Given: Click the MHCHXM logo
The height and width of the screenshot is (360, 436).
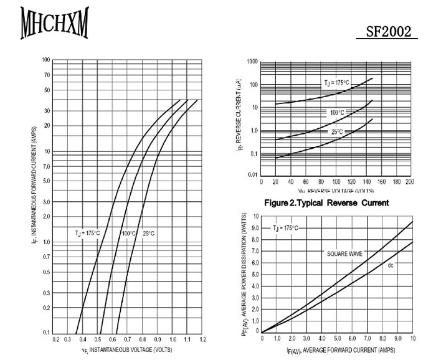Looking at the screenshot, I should coord(54,24).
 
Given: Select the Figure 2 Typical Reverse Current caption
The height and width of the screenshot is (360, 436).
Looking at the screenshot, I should coord(326,203).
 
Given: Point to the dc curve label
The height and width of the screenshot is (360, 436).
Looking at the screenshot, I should coord(391,266).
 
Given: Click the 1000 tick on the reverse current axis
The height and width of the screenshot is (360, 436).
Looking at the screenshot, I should coord(252,62).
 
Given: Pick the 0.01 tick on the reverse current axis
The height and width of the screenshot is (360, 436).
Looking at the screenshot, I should coord(252,175).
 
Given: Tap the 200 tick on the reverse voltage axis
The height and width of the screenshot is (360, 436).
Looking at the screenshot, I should coord(409,181).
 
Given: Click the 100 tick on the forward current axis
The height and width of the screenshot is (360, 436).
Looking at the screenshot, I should coord(46,60).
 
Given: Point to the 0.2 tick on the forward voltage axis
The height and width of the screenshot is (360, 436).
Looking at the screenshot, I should coord(56,339).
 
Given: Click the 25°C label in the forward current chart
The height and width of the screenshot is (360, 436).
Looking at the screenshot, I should coord(148,234).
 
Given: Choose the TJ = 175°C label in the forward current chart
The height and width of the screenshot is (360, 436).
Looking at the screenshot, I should coord(88,234).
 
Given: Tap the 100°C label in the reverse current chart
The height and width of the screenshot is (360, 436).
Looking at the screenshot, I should coord(337,113).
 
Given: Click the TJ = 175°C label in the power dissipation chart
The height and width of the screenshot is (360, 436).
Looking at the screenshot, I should coord(286,229).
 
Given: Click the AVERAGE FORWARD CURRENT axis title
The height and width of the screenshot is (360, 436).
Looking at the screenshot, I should coord(341,350).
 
